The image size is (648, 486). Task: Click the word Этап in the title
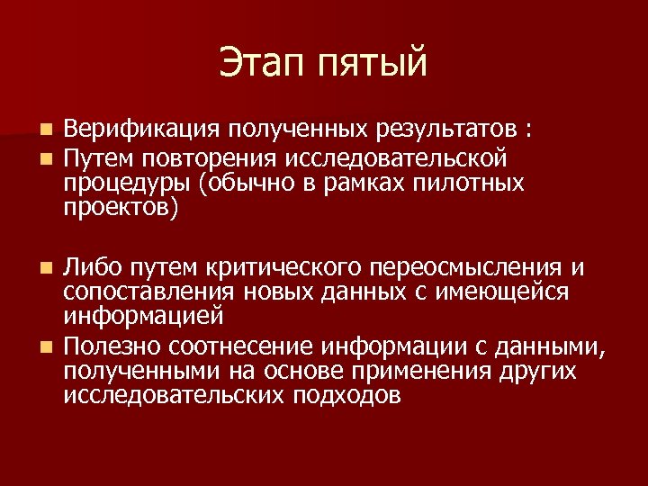[263, 64]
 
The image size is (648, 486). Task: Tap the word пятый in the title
[373, 66]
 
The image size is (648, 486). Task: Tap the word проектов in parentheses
[121, 209]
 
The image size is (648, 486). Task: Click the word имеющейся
[513, 293]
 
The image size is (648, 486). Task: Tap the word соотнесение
[270, 346]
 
